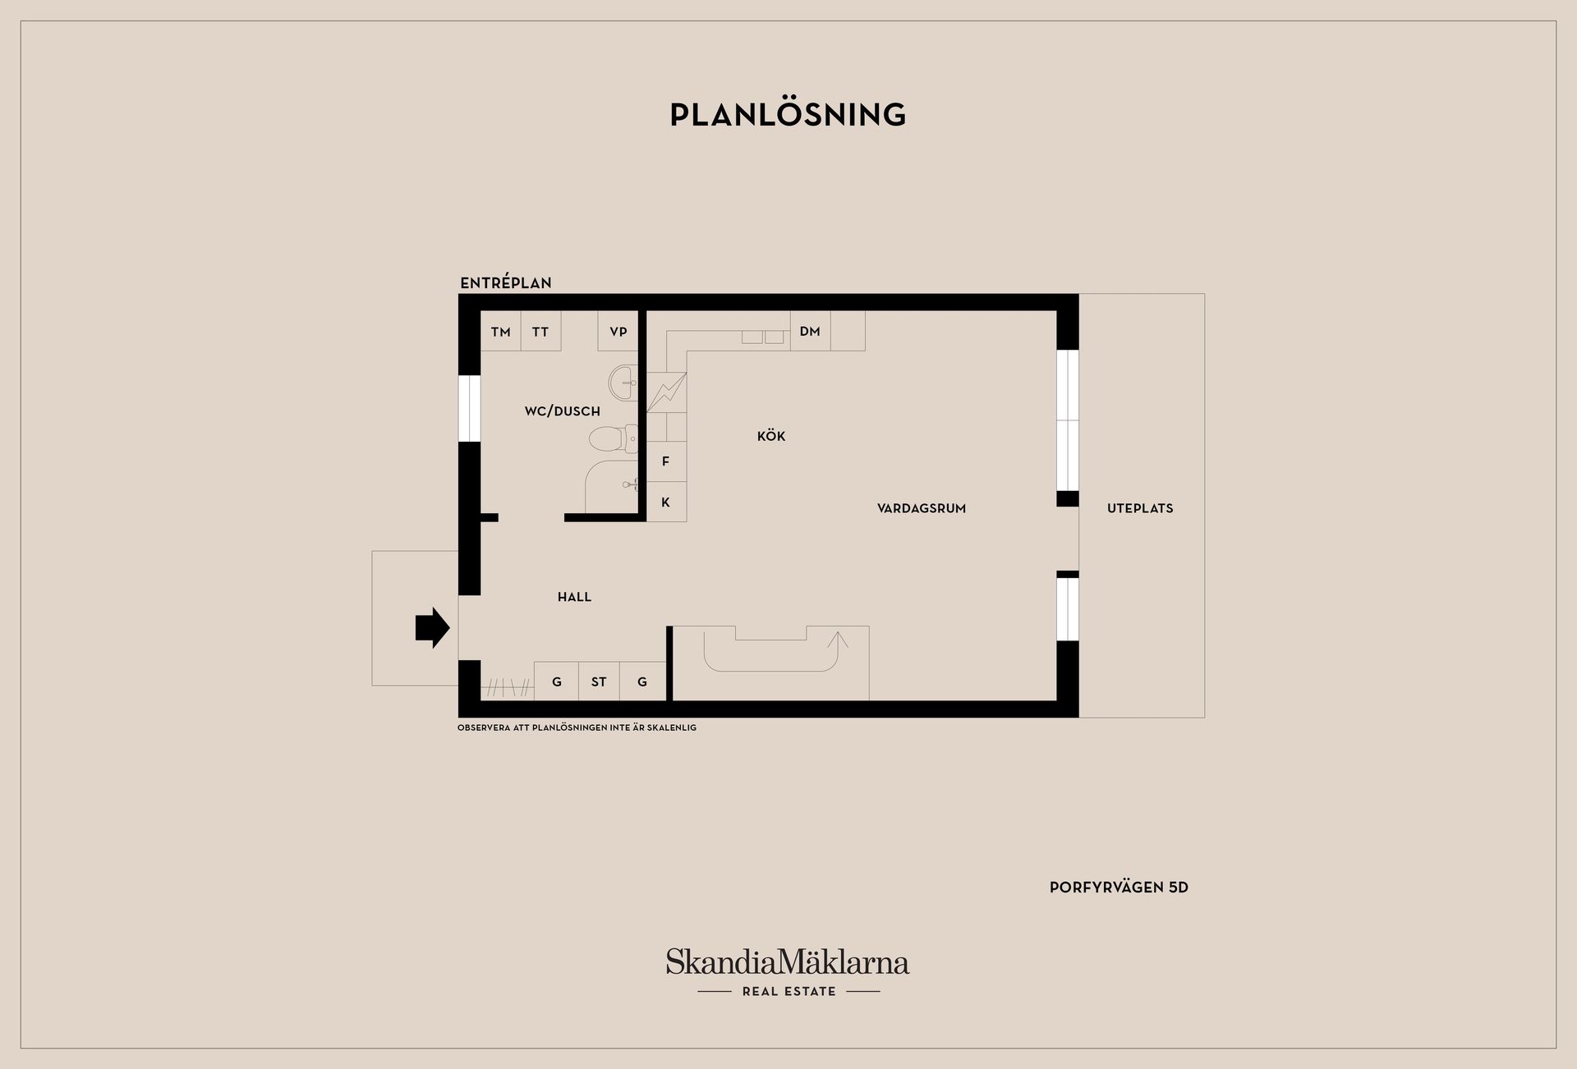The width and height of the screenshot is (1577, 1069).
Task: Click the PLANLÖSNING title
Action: tap(788, 115)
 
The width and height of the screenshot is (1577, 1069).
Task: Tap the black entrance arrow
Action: tap(432, 628)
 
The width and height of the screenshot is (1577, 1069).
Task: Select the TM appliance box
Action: tap(501, 332)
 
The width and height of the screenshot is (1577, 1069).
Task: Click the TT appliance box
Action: tap(540, 332)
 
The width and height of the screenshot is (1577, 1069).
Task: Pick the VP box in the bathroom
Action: tap(618, 332)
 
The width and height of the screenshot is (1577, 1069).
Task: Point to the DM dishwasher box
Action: tap(810, 331)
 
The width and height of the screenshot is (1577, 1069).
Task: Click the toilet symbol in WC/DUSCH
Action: tap(613, 438)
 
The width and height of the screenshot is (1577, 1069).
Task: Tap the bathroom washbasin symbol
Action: tap(623, 383)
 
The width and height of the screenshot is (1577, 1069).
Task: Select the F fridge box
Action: tap(666, 461)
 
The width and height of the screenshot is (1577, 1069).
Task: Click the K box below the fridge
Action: tap(666, 502)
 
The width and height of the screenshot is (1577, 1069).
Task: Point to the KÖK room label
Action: tap(771, 436)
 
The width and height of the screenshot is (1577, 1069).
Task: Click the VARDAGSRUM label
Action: tap(922, 508)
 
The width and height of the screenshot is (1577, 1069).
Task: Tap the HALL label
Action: tap(574, 597)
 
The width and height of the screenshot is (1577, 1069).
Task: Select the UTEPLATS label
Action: tap(1140, 508)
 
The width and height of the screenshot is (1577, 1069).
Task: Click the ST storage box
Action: tap(599, 681)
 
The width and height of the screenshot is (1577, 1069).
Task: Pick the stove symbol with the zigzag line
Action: tap(666, 392)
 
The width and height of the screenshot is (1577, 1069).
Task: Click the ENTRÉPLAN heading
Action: tap(506, 283)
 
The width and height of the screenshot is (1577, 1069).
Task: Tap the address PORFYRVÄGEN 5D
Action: tap(1119, 888)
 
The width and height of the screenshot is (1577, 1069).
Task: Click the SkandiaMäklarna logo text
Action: tap(788, 962)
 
